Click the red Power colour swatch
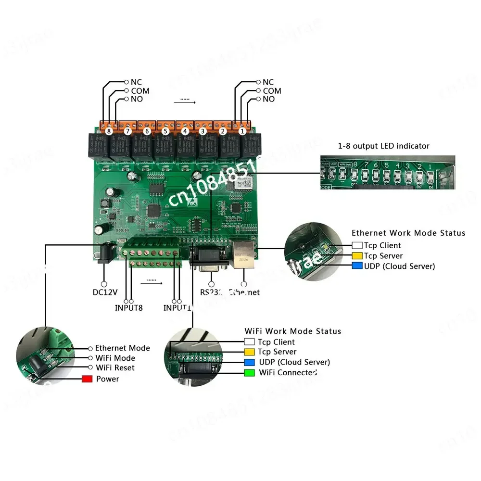(x=87, y=379)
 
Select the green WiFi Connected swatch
(x=249, y=373)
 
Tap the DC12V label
(x=103, y=291)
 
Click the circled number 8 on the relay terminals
(x=109, y=130)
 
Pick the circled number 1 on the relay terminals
(x=242, y=130)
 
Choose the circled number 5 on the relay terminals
(x=165, y=130)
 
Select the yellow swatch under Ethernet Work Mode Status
(x=357, y=256)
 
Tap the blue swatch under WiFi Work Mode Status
(x=249, y=362)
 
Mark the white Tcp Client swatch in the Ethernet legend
(x=357, y=245)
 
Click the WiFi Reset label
(x=115, y=368)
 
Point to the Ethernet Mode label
(x=122, y=348)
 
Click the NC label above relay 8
(x=136, y=83)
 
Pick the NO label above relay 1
(x=269, y=99)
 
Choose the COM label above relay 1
(x=272, y=91)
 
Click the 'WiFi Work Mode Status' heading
(x=293, y=331)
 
